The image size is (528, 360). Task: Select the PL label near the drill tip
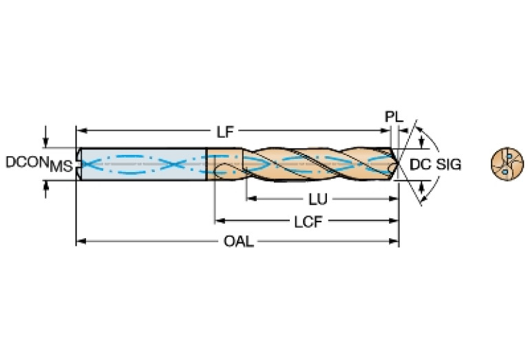(x=392, y=117)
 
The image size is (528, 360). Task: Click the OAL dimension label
(x=237, y=242)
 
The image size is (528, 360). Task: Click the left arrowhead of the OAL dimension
(x=80, y=242)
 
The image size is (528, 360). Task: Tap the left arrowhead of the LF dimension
(x=80, y=129)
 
